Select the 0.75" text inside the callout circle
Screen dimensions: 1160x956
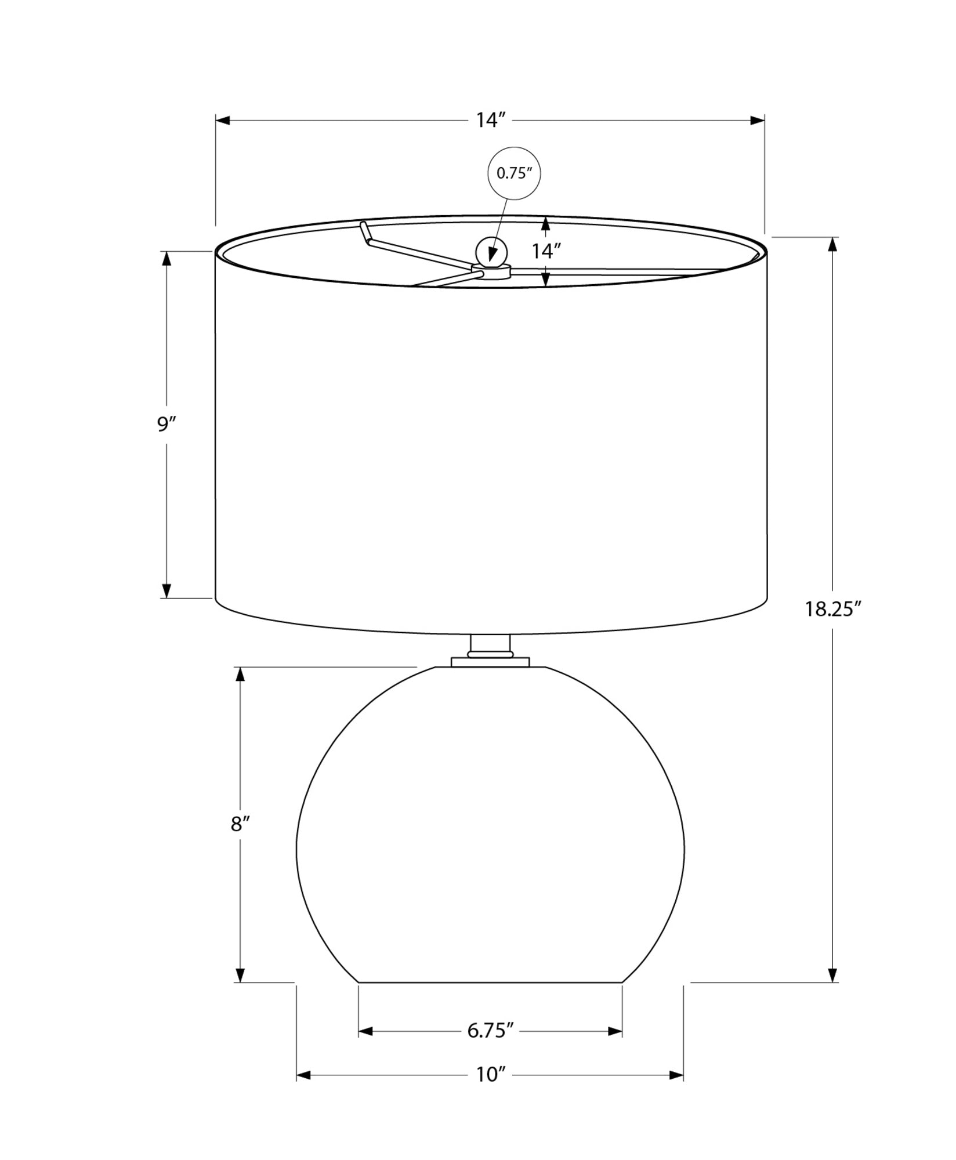[x=514, y=173]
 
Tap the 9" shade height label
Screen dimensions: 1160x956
[x=166, y=425]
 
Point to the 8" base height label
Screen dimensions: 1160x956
[x=240, y=824]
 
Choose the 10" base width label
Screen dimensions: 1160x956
[x=491, y=1075]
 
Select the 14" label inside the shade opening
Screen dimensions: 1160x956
[x=546, y=251]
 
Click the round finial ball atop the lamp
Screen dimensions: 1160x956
[x=491, y=252]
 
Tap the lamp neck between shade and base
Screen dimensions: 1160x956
[x=491, y=645]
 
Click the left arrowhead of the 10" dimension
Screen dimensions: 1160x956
[x=304, y=1075]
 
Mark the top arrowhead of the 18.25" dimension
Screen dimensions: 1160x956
[x=832, y=244]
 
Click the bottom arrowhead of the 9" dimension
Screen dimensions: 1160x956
[x=166, y=590]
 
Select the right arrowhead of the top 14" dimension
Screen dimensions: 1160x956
[x=757, y=120]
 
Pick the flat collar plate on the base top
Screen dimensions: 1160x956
[x=490, y=662]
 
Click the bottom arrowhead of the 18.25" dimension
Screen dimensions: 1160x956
[x=832, y=974]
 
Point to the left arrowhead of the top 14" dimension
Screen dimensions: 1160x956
[x=223, y=120]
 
